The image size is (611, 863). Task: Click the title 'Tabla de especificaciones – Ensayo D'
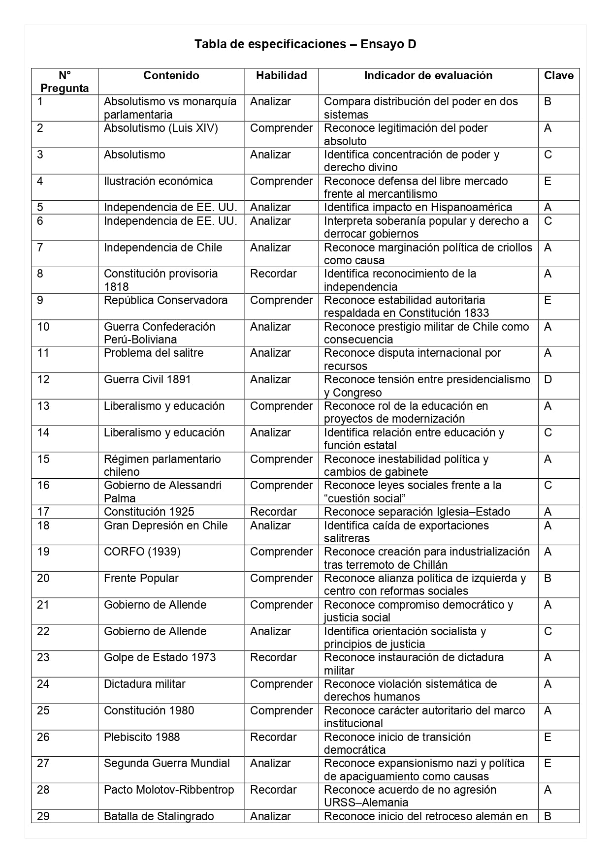[305, 44]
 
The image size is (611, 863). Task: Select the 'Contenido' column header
[171, 75]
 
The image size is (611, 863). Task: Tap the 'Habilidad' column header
[281, 75]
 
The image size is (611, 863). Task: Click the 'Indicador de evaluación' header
[428, 75]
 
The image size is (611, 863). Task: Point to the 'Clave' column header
[558, 75]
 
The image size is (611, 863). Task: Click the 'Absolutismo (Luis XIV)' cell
[161, 128]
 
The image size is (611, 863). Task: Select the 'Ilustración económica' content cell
[158, 181]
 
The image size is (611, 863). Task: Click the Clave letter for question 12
[548, 379]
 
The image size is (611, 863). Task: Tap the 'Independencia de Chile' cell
[163, 247]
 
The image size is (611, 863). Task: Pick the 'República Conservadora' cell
[165, 300]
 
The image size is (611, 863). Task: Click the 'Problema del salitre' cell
[153, 353]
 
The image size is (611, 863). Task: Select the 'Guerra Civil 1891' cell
[147, 379]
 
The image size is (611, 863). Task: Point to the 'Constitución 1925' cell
[149, 512]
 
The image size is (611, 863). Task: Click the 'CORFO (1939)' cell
[142, 552]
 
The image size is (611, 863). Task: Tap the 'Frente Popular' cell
[141, 578]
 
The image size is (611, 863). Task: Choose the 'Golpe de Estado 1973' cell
[160, 657]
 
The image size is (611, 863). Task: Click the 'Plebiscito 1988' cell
[142, 737]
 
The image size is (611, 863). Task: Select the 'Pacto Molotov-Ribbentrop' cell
[169, 790]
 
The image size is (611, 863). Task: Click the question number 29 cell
[43, 816]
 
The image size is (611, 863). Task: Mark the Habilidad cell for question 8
[273, 274]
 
